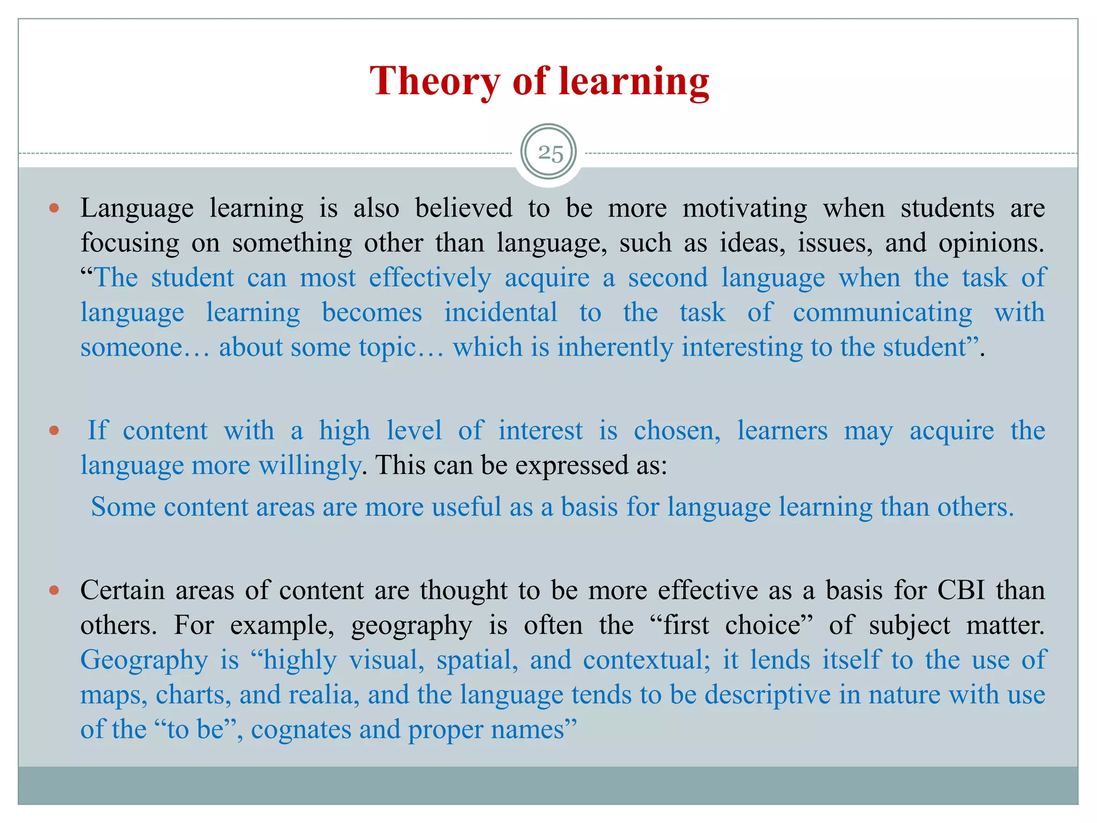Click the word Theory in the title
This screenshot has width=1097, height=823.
tap(434, 81)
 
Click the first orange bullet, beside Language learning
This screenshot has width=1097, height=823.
tap(54, 208)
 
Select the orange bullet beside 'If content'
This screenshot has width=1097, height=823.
tap(54, 430)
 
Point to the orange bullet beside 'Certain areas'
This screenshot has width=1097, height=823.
tap(54, 590)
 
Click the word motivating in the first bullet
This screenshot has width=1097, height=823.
tap(745, 208)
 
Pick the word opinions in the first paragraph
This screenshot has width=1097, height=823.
tap(991, 243)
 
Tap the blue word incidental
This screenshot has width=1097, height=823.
tap(501, 312)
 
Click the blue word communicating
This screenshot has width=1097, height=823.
tap(882, 312)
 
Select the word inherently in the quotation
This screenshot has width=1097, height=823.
tap(614, 347)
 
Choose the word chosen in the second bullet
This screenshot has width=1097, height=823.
tap(677, 431)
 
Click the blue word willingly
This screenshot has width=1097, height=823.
tap(310, 466)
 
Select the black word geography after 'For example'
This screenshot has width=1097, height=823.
tap(411, 625)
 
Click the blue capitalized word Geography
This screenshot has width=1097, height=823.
tap(144, 660)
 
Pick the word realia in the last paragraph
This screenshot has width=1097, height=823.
tap(324, 695)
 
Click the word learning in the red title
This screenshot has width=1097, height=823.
tap(634, 81)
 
